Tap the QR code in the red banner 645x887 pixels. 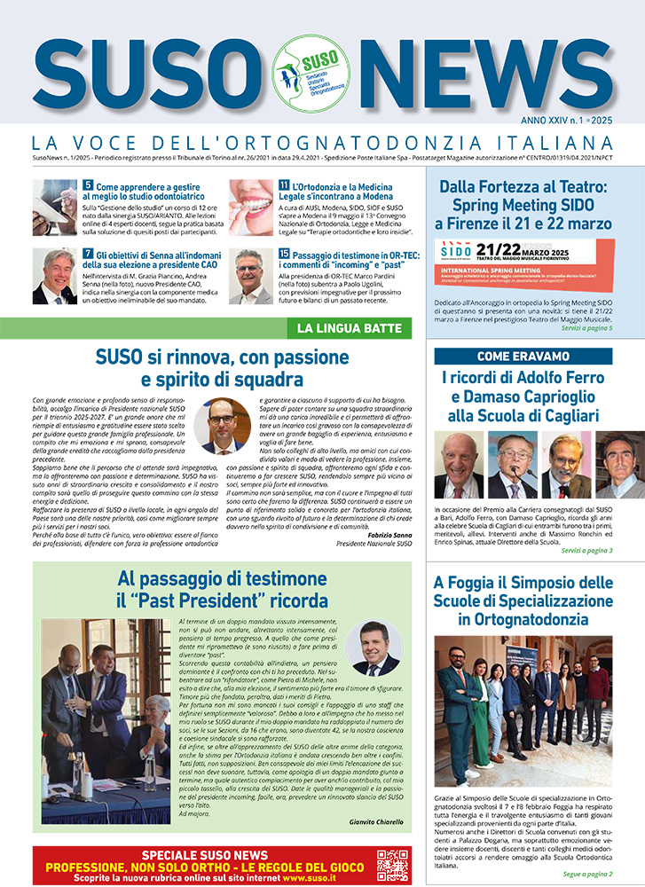[391, 865]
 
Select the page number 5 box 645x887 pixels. [88, 185]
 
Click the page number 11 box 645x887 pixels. [284, 185]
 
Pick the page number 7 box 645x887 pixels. [88, 254]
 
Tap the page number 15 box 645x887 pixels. [284, 254]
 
